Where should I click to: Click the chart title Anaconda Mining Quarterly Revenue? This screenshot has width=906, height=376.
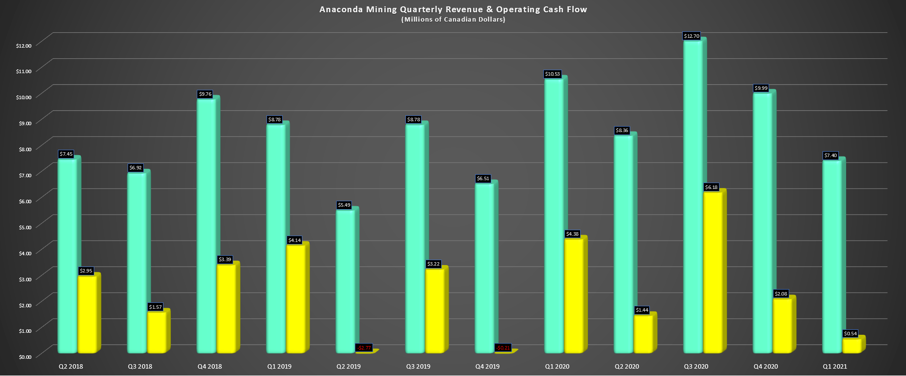[x=453, y=9]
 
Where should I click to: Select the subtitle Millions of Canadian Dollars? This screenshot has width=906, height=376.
[x=453, y=20]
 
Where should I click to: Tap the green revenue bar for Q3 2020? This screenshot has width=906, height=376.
[x=693, y=196]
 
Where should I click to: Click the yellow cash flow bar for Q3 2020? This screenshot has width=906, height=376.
[x=713, y=272]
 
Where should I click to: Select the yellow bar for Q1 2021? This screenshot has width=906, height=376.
[x=852, y=346]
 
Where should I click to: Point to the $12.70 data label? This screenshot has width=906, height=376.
[x=692, y=36]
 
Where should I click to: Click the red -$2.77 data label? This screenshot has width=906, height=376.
[x=364, y=348]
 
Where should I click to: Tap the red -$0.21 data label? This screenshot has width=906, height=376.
[x=503, y=348]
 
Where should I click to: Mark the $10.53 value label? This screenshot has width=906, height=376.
[x=552, y=74]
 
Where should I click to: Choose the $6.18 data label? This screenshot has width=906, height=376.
[x=711, y=188]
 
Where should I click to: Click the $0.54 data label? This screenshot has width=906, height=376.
[x=850, y=334]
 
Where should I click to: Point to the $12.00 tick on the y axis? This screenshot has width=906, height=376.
[x=24, y=46]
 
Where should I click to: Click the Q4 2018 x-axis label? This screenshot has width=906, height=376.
[x=210, y=367]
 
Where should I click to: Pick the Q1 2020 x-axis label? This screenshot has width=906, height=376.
[x=557, y=367]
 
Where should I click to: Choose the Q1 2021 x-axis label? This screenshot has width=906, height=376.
[x=835, y=367]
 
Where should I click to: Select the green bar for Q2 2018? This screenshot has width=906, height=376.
[x=67, y=255]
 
